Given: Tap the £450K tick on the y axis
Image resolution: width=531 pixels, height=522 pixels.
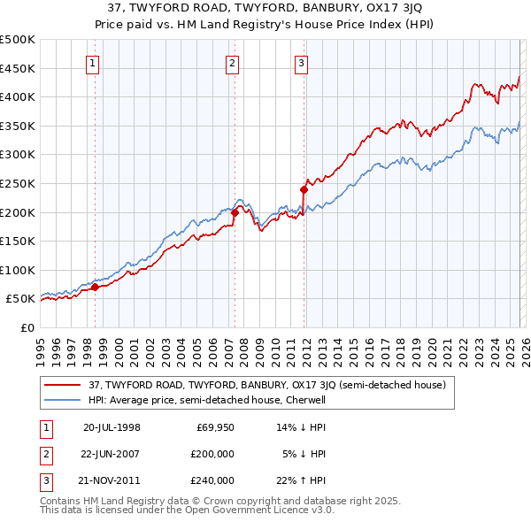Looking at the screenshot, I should click(x=18, y=68).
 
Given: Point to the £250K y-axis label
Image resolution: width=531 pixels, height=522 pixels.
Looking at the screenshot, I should click(x=18, y=183).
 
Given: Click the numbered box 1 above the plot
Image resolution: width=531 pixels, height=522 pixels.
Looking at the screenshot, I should click(x=93, y=63).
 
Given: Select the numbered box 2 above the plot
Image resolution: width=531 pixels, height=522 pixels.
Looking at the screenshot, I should click(x=232, y=63).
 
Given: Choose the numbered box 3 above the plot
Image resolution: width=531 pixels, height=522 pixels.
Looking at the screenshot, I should click(x=301, y=63).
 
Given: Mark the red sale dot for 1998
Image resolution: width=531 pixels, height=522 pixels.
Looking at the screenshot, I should click(x=96, y=287).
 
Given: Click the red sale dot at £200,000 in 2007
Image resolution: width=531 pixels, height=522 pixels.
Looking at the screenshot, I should click(x=235, y=212).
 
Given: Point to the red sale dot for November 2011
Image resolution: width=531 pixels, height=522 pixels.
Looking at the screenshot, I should click(x=304, y=189).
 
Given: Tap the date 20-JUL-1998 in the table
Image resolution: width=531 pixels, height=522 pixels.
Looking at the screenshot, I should click(x=112, y=427).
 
